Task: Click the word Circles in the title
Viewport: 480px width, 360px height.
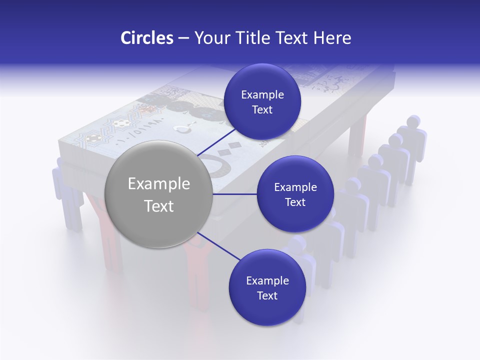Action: pyautogui.click(x=146, y=38)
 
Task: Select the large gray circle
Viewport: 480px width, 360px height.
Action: pyautogui.click(x=158, y=194)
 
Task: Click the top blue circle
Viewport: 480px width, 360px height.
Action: pyautogui.click(x=262, y=101)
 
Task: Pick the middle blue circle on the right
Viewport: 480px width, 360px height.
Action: pyautogui.click(x=295, y=194)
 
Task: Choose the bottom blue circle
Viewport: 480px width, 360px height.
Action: pyautogui.click(x=267, y=287)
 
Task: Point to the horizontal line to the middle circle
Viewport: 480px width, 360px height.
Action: pyautogui.click(x=235, y=194)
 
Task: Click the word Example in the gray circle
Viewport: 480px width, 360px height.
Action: pyautogui.click(x=158, y=184)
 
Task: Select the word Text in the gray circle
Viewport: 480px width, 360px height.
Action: pyautogui.click(x=158, y=206)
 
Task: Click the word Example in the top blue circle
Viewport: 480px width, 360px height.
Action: pyautogui.click(x=262, y=94)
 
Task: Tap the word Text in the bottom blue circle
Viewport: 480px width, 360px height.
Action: pyautogui.click(x=267, y=295)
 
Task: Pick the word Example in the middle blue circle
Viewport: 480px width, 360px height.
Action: pyautogui.click(x=295, y=187)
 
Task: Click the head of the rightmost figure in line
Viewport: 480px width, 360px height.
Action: pyautogui.click(x=413, y=121)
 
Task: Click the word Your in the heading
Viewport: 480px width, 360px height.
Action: pyautogui.click(x=209, y=38)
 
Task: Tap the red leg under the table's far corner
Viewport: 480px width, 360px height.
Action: pyautogui.click(x=358, y=135)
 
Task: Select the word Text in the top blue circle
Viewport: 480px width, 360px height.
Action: pyautogui.click(x=262, y=109)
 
